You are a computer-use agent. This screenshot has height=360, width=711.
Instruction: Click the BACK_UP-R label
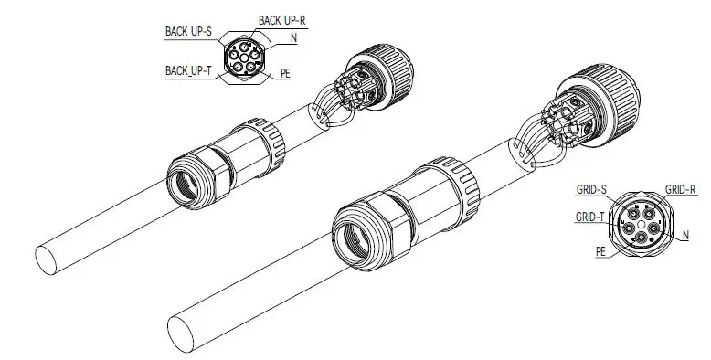[281, 20]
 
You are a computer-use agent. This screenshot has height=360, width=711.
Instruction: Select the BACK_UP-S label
[188, 32]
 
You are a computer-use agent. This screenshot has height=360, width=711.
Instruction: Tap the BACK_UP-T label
[188, 70]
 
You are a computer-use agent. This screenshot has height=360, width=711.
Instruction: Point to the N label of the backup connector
[294, 38]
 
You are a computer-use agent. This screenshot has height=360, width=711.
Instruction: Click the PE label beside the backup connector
[285, 73]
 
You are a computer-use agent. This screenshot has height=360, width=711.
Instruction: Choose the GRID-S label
[591, 189]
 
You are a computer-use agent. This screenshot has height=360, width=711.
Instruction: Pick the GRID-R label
[680, 189]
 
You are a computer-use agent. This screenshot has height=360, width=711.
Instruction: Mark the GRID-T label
[589, 217]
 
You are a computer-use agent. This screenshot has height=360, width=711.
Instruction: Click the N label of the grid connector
[685, 236]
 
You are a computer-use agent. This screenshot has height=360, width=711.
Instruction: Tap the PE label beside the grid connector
[600, 251]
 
